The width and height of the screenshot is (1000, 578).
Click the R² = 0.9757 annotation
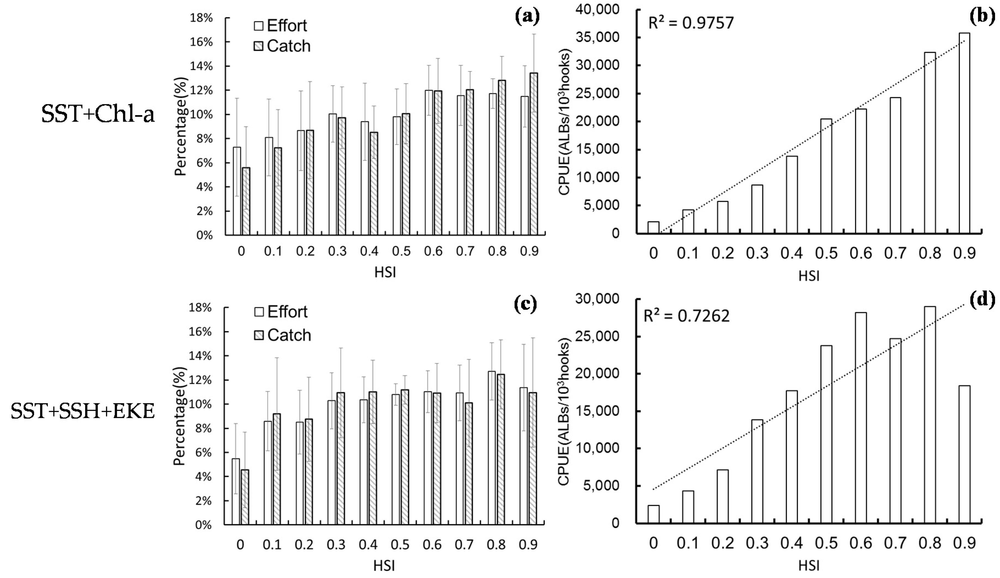[x=691, y=23]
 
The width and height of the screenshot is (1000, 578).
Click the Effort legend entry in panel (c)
[x=281, y=312]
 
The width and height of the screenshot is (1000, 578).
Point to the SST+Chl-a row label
[x=98, y=115]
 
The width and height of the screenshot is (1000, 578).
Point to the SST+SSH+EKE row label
[x=83, y=411]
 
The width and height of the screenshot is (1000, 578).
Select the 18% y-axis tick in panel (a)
[x=202, y=18]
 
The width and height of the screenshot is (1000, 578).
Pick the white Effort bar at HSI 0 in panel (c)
[x=236, y=492]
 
